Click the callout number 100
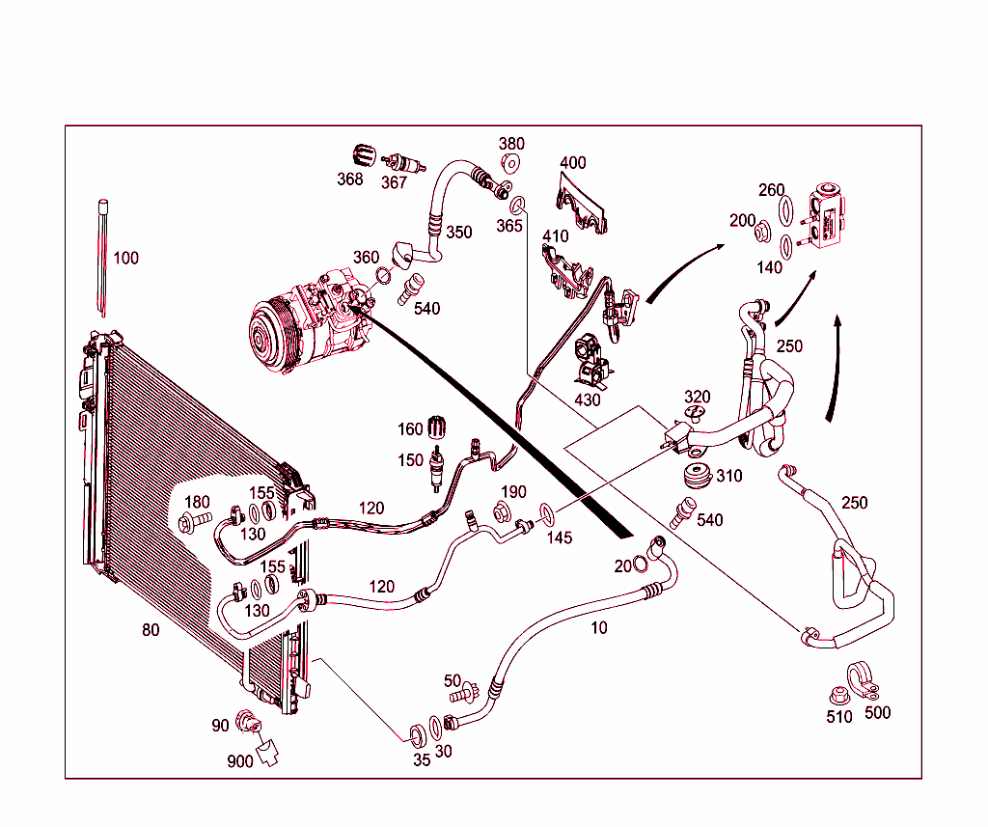pos(126,258)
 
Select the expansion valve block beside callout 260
pos(830,217)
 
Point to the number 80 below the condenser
pos(151,630)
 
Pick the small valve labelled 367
pos(398,162)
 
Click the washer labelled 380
pos(510,163)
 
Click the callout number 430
pos(588,400)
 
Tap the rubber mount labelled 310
pos(695,476)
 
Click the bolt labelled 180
pos(193,521)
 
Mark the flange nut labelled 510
pos(837,694)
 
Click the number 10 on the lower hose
pos(599,628)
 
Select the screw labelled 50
pos(469,692)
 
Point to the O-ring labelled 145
pos(545,510)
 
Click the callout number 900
pos(239,761)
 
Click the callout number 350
pos(459,233)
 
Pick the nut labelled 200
pos(762,233)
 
